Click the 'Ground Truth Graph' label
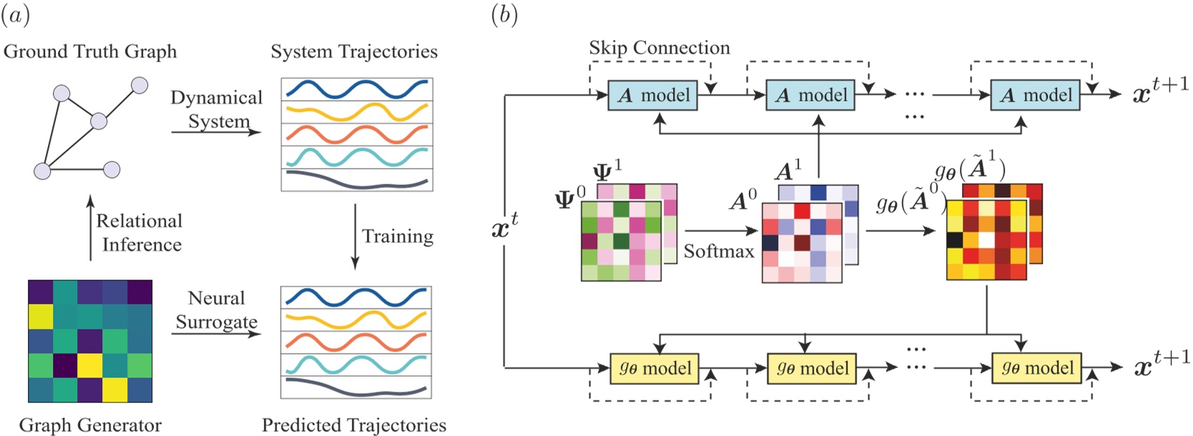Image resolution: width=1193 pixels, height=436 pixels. pos(90,52)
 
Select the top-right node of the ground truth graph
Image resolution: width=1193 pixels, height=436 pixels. pos(139,86)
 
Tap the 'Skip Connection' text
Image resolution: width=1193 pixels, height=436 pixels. pos(659,48)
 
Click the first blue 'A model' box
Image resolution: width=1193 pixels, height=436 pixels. pos(652,96)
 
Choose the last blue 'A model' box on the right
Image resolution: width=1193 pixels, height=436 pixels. pos(1035,96)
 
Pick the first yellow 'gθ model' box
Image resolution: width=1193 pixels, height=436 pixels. pos(654,369)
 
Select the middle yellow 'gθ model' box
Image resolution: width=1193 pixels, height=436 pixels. pos(812,369)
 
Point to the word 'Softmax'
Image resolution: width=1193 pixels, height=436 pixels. pos(719,252)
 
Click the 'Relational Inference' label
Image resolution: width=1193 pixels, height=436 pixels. pos(139,233)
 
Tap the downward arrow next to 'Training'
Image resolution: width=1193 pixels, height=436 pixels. pos(355,237)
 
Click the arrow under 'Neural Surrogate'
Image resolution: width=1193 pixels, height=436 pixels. pos(216,334)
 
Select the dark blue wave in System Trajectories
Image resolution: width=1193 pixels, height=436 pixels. pos(356,89)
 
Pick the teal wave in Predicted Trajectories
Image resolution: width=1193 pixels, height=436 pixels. pos(356,364)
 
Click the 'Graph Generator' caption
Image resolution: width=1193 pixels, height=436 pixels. pos(90,425)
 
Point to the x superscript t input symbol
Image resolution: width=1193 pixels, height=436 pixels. pos(504,227)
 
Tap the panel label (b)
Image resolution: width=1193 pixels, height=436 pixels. pos(504,15)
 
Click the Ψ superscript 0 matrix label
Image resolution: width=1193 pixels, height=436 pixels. pos(570,197)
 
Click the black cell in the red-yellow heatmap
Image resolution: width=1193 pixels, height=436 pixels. pos(954,239)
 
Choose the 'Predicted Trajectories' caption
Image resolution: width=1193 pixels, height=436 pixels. pos(354,425)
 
